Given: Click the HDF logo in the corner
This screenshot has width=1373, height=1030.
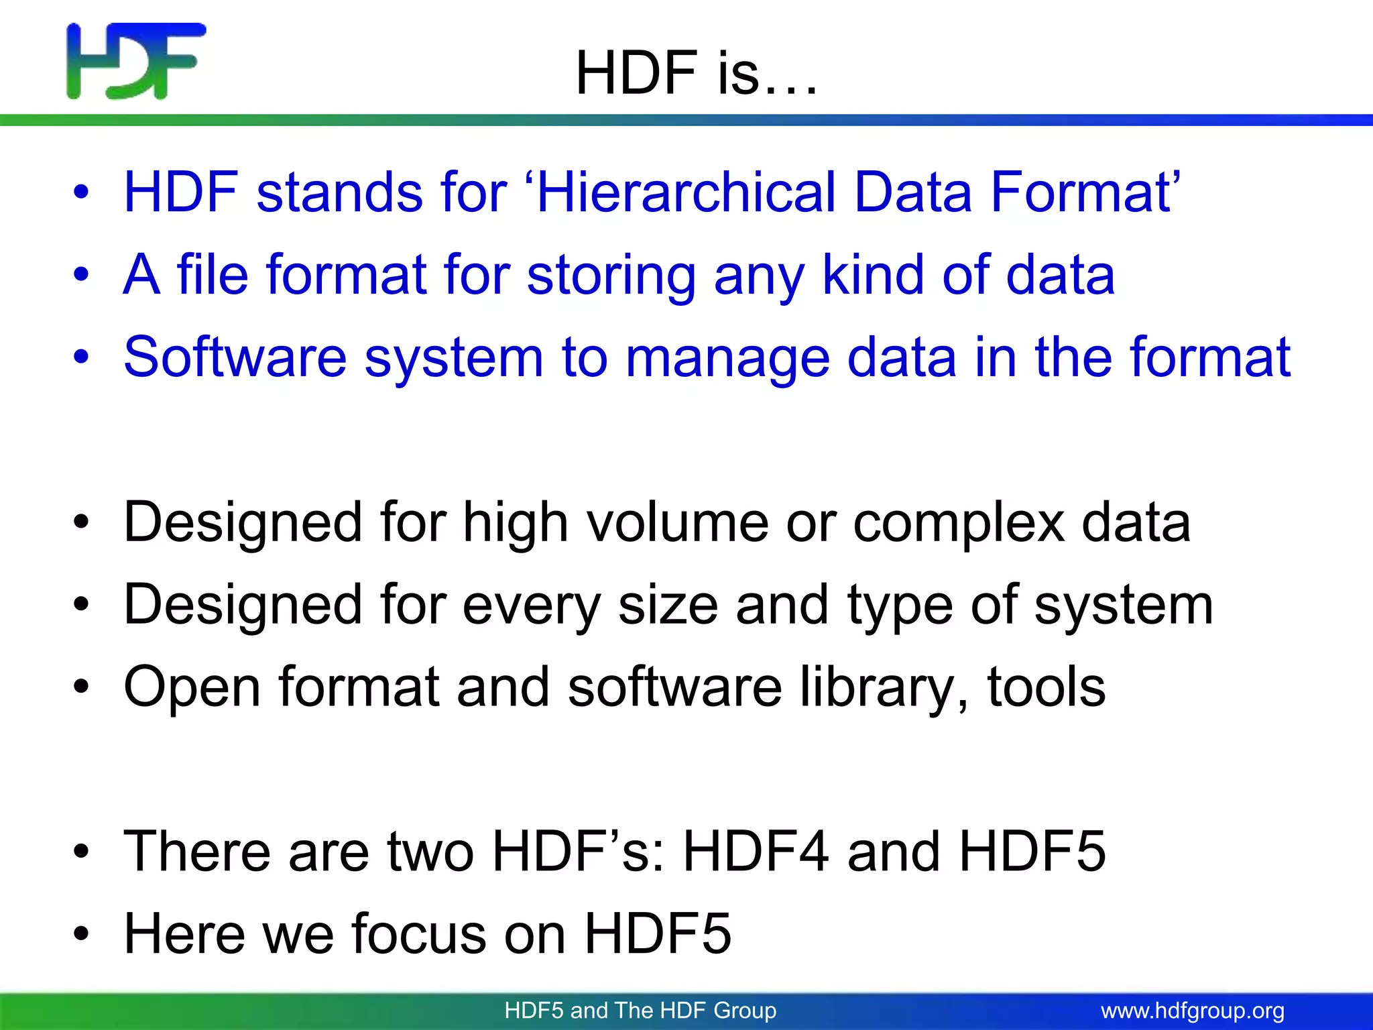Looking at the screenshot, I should pyautogui.click(x=136, y=61).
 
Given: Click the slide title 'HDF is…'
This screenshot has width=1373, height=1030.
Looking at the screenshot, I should pyautogui.click(x=697, y=73).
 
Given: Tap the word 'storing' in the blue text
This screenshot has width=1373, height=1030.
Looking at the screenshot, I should pyautogui.click(x=611, y=276).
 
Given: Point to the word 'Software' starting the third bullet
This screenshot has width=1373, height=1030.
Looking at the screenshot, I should pyautogui.click(x=235, y=357).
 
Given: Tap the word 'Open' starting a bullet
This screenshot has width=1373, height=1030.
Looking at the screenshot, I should pyautogui.click(x=192, y=688).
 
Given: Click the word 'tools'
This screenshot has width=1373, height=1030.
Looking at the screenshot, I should pyautogui.click(x=1047, y=687).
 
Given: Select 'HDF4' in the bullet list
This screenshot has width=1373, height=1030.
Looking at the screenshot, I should pyautogui.click(x=756, y=851).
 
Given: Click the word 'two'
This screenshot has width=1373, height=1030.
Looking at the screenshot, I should pyautogui.click(x=430, y=852).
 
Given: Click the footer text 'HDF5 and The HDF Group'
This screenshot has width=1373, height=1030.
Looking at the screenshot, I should pyautogui.click(x=640, y=1011).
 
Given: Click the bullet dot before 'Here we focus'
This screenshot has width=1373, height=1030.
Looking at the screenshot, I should pyautogui.click(x=81, y=934).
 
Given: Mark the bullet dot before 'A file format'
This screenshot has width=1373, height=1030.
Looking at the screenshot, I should pyautogui.click(x=81, y=275).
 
